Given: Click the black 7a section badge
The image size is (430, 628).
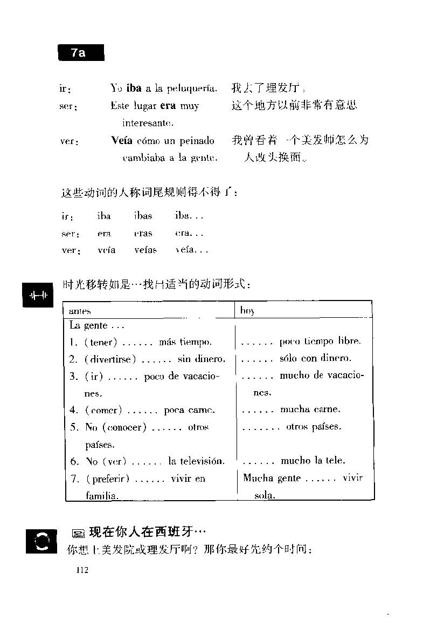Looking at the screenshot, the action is point(80,52).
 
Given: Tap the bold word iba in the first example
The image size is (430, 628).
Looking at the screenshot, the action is point(134,88).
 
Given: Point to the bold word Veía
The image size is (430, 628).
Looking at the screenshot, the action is point(122,141).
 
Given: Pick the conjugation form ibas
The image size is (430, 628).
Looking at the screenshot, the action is point(143,216).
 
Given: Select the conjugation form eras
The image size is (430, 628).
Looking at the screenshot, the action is point(143,234).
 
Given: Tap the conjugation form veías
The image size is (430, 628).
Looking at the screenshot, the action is point(145,250).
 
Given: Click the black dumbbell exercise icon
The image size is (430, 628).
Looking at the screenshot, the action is point(38,295).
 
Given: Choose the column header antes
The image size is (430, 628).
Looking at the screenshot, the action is point(80,311).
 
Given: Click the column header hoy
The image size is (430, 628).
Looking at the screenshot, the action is point(247,311).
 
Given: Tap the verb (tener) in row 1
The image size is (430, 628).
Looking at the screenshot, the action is point(101,342).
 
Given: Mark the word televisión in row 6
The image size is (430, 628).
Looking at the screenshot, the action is point(196,461).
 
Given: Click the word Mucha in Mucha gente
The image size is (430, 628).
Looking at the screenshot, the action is point(258,478).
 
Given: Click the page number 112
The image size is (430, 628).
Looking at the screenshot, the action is point(82,570).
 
